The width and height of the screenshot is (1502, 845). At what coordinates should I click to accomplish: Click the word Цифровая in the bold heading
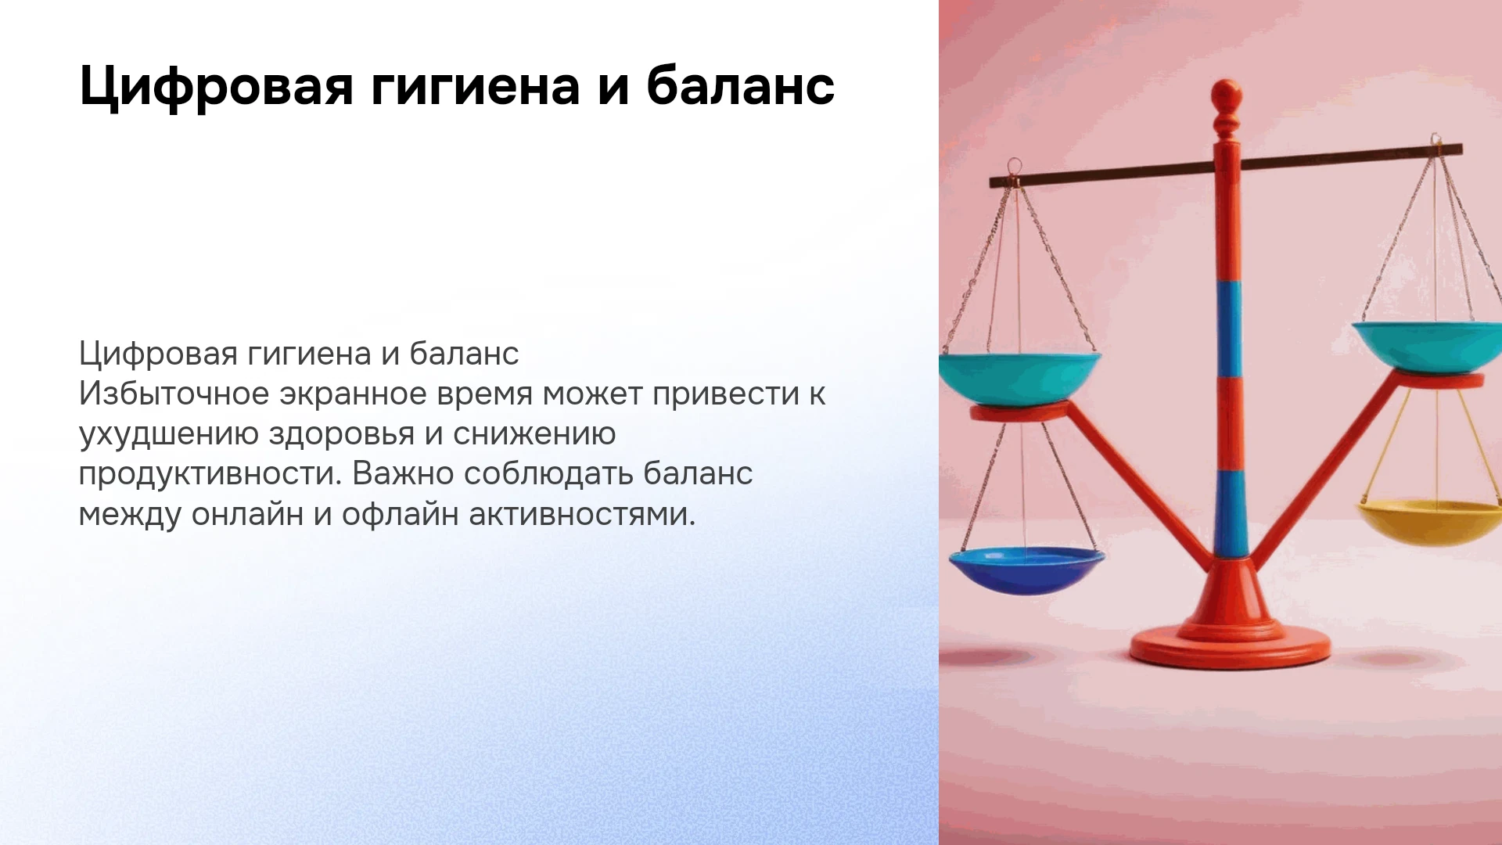217,85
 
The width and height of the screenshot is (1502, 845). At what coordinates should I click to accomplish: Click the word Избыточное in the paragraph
174,394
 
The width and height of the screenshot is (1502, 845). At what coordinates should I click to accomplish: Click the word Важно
403,473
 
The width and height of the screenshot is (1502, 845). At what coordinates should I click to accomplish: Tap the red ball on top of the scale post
1226,95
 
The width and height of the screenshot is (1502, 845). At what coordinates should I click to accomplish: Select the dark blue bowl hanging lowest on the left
1026,570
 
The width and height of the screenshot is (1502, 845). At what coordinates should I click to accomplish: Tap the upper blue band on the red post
1228,329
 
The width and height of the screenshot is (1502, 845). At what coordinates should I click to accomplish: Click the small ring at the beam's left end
1014,167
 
